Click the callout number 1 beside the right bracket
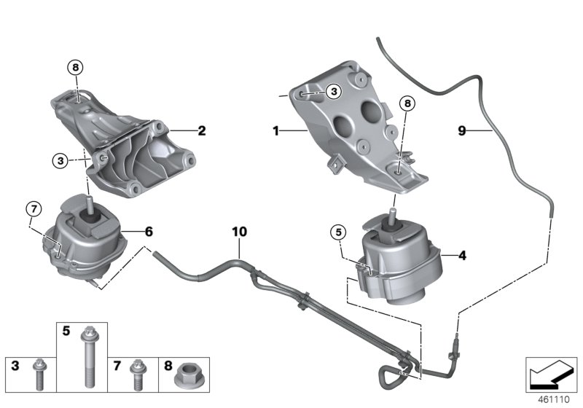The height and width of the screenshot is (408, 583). click(276, 132)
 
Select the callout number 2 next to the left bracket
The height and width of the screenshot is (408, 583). click(202, 132)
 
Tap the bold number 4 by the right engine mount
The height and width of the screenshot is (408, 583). click(461, 256)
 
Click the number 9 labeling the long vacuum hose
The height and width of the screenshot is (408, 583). click(461, 131)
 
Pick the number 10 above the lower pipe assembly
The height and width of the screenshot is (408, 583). click(240, 232)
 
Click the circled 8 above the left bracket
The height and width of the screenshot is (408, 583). click(77, 68)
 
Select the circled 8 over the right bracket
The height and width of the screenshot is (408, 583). click(406, 105)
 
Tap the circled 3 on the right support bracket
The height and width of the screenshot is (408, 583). click(332, 92)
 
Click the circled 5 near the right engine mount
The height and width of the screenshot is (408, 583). click(337, 233)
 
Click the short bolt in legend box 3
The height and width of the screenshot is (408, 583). click(39, 377)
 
